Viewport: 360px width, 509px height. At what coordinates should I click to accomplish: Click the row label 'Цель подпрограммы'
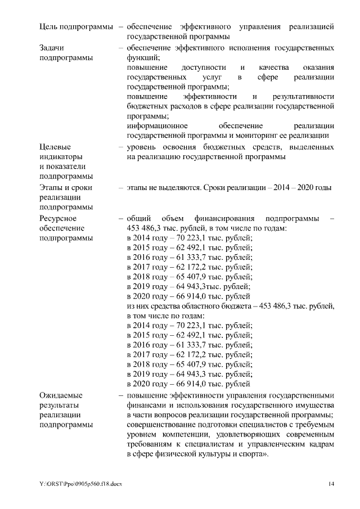tap(74, 26)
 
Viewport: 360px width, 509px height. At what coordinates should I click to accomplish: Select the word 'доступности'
tap(195, 67)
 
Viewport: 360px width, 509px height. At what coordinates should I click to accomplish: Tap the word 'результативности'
tap(303, 97)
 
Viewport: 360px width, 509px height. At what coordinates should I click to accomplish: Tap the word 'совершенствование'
tap(164, 425)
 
